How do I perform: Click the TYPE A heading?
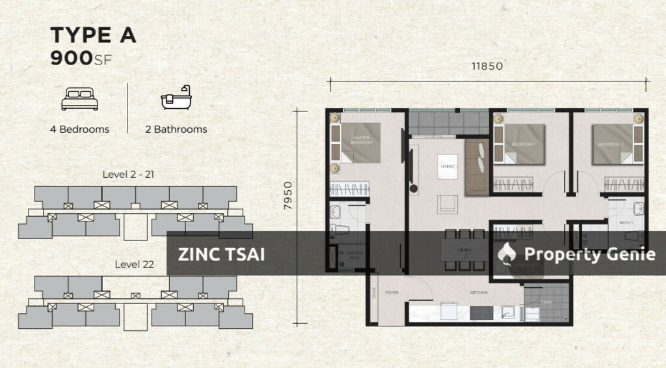pos(93,36)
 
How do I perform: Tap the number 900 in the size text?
pos(72,58)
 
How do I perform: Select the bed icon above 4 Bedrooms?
pos(79,100)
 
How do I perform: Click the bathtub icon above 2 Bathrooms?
pos(176,98)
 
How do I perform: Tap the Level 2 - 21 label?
pos(128,175)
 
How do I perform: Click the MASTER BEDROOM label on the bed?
pos(362,140)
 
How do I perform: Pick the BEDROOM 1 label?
pos(523,144)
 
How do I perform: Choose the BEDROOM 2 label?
pos(610,144)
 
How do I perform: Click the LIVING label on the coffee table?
pos(447,167)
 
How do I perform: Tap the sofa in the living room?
pos(475,167)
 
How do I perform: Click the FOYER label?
pos(392,293)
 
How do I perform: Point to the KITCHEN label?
pos(479,293)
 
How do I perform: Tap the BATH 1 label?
pos(626,223)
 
